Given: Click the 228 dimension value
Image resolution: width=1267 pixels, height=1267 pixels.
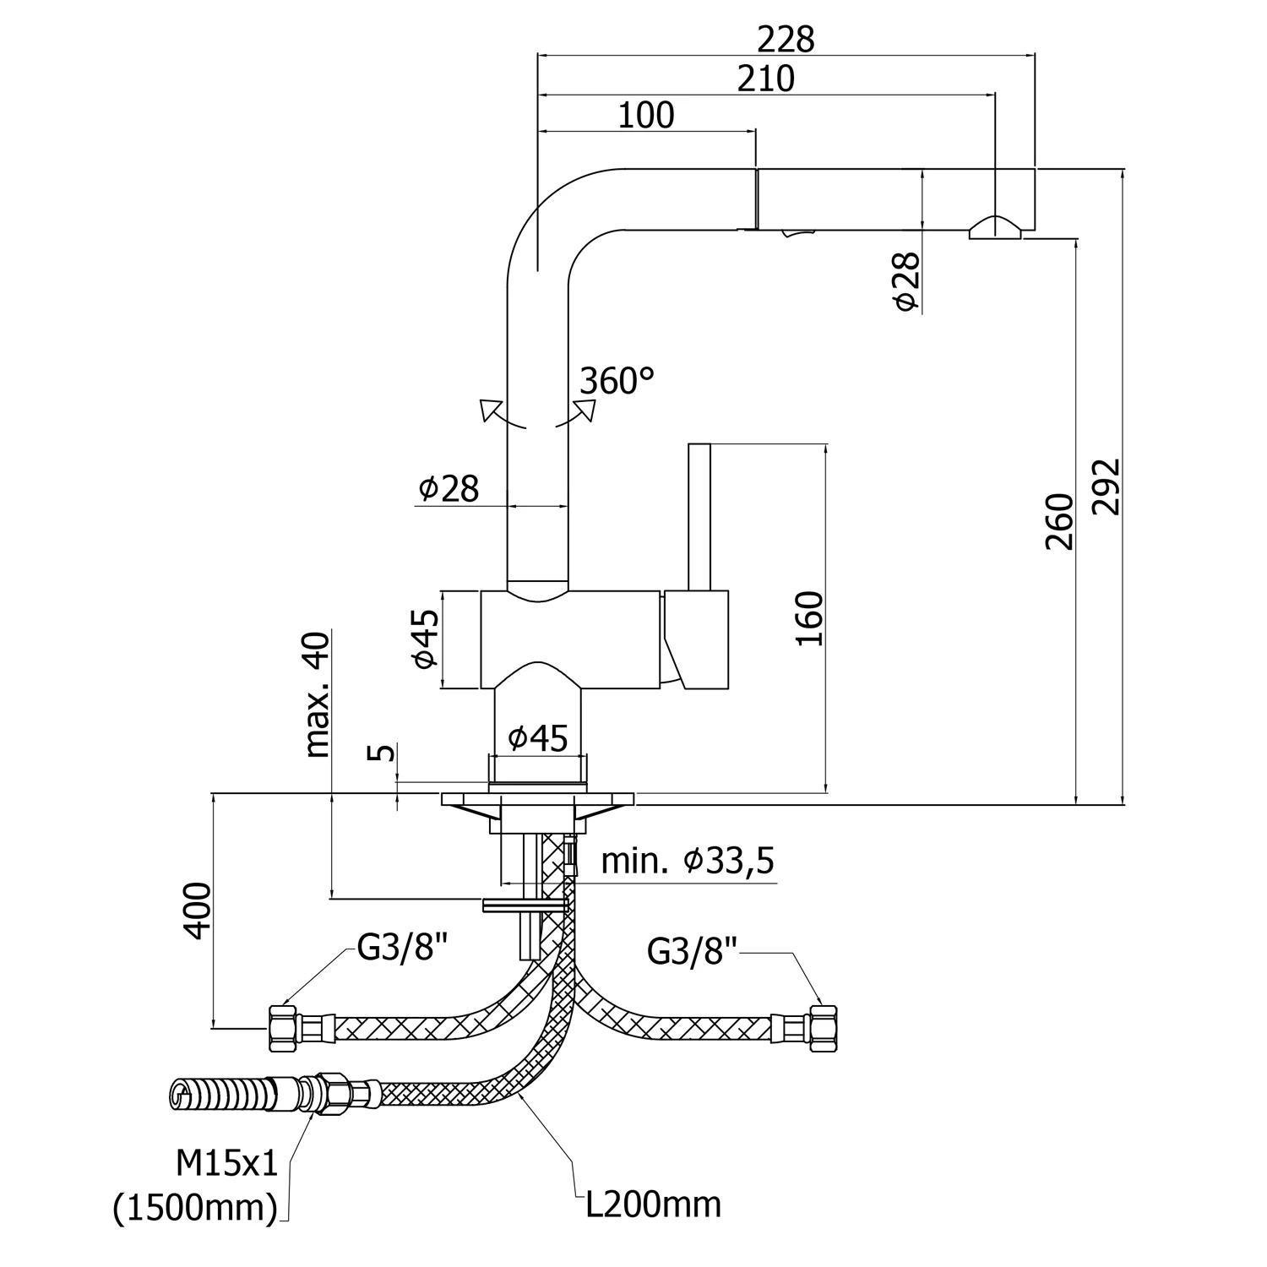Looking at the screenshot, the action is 786,39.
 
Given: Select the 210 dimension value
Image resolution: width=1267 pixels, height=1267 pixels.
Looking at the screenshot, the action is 766,79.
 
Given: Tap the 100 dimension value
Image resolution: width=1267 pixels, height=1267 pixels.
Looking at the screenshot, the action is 646,116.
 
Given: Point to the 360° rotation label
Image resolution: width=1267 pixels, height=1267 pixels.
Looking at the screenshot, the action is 617,381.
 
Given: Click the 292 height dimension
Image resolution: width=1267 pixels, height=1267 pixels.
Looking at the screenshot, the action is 1106,487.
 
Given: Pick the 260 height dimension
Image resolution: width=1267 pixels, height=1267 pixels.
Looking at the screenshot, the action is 1059,522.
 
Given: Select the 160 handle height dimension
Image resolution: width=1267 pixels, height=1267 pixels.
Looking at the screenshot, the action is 809,618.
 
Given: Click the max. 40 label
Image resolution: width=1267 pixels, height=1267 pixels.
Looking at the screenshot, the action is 318,694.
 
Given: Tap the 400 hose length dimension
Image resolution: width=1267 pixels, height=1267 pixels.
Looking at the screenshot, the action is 198,910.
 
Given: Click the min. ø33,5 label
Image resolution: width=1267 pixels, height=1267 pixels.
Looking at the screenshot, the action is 688,862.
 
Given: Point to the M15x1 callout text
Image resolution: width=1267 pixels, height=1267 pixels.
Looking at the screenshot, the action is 226,1166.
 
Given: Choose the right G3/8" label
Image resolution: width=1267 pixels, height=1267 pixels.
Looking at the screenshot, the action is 693,952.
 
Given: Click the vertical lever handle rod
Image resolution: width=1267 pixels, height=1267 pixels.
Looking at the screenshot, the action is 699,517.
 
